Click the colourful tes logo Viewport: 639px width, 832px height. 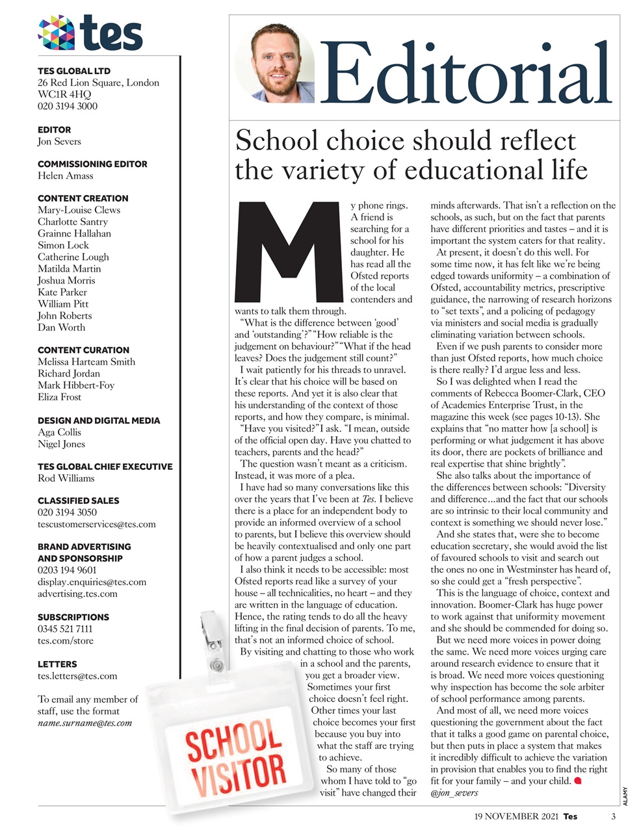coord(90,33)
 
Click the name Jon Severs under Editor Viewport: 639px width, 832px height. coord(59,141)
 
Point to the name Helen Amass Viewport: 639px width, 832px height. coord(65,175)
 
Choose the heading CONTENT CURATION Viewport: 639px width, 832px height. coord(83,350)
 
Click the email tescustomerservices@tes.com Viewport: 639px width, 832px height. coord(96,524)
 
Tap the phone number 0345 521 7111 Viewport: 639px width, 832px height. coord(65,629)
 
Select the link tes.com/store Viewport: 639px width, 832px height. coord(65,640)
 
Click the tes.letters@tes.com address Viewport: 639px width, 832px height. coord(77,675)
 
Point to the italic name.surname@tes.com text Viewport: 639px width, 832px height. coord(85,723)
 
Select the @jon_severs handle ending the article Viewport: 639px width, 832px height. coord(454,792)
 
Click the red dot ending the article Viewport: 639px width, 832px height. coord(577,780)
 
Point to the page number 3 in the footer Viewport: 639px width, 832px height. coord(613,816)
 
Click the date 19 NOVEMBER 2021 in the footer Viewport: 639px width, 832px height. coord(516,816)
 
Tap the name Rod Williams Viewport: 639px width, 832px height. coord(66,478)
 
